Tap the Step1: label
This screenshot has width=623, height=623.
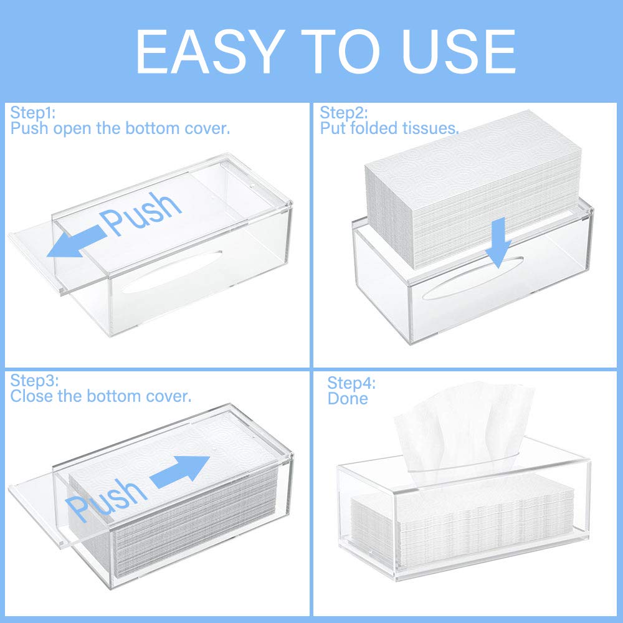tap(33, 113)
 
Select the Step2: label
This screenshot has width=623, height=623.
tap(344, 113)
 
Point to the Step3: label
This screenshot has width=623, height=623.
tap(34, 380)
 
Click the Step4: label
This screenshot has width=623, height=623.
tap(352, 383)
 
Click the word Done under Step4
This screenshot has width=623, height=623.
tap(348, 399)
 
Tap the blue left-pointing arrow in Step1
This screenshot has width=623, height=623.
tap(74, 244)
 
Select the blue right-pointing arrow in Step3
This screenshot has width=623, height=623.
tap(181, 470)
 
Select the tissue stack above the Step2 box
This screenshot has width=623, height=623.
tap(473, 187)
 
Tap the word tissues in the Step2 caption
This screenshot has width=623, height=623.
tap(429, 129)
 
